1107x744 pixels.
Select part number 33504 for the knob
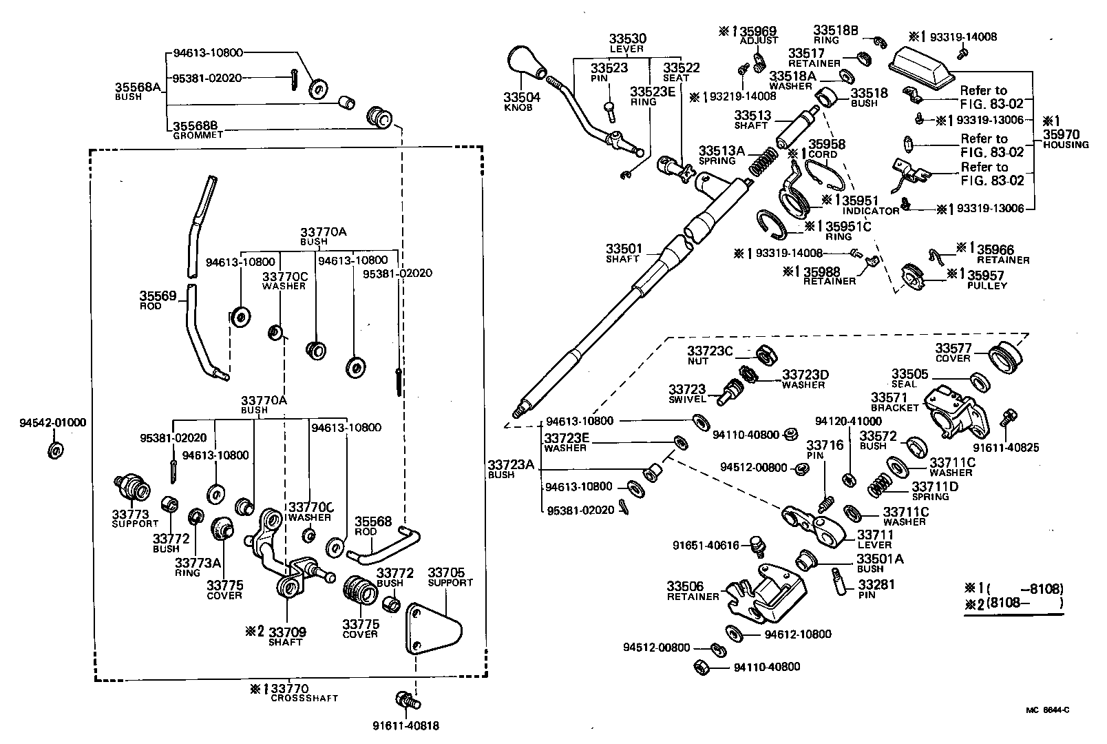point(522,98)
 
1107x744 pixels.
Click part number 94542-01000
point(53,422)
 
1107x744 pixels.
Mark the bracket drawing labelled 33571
point(957,413)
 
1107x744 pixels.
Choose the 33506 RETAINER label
point(693,591)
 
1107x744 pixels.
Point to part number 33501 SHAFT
point(624,253)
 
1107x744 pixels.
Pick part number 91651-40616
point(706,546)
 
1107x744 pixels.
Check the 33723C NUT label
point(710,355)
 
